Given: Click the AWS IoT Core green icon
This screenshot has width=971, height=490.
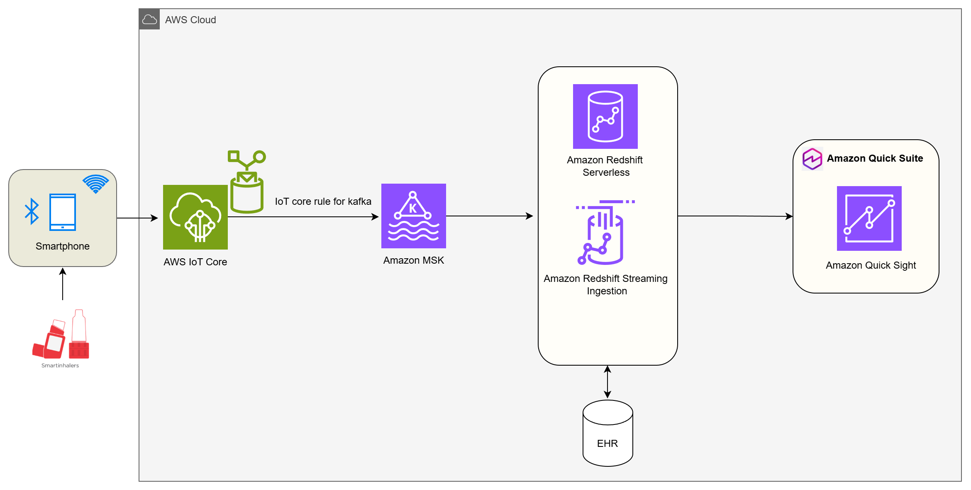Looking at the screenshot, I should pos(195,217).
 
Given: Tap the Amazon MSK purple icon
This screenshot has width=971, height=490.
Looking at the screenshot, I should pos(413,216).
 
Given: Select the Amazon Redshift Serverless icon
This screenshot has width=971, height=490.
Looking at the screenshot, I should pos(605,116).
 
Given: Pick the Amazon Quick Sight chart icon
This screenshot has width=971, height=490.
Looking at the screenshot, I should pos(869,218).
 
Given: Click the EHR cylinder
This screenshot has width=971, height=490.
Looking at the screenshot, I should pos(607,433).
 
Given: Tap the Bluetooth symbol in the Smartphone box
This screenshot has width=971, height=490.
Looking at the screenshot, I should pos(32,211).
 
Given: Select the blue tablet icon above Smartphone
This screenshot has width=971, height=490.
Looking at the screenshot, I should pos(63,212).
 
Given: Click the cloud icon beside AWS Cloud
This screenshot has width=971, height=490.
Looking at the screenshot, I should pos(149,19).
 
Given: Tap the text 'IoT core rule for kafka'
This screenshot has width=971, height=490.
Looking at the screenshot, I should pos(323,201).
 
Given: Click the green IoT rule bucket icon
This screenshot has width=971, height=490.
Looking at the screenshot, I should pos(247,182).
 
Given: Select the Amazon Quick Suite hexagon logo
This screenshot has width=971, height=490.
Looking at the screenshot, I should pos(812,159).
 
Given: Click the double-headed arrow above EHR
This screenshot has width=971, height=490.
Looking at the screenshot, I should pos(607,382).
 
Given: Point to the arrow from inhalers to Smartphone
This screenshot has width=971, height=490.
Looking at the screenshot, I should pos(63,284).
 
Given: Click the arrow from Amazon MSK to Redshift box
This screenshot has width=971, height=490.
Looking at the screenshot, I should pos(490,216).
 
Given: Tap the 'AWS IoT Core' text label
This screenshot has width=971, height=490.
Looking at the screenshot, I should pos(195,262).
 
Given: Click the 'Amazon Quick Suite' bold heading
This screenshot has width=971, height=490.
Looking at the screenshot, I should pos(875,158).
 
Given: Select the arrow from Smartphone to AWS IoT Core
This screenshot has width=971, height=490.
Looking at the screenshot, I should pos(137,218).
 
